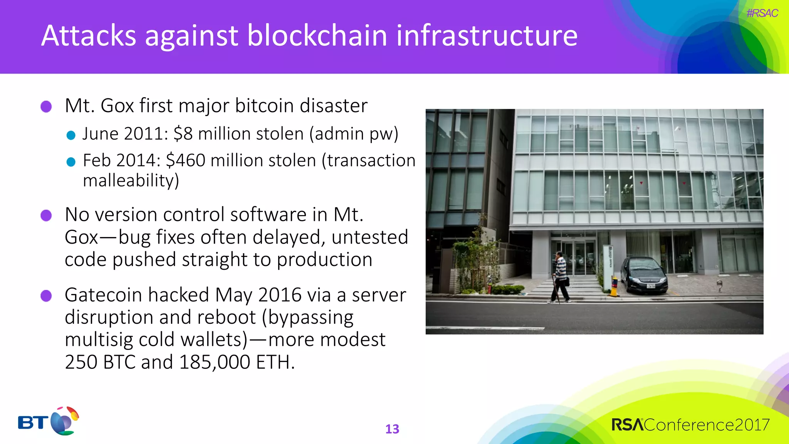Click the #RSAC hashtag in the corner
762,13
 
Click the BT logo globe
64,421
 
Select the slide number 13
392,429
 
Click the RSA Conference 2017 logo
690,425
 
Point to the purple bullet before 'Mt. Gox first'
46,106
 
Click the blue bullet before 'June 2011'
71,135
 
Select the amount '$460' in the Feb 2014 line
186,160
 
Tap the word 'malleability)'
131,180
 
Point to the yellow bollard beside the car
614,287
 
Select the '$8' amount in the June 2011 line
183,134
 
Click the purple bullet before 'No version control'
46,215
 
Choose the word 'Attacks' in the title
89,36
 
